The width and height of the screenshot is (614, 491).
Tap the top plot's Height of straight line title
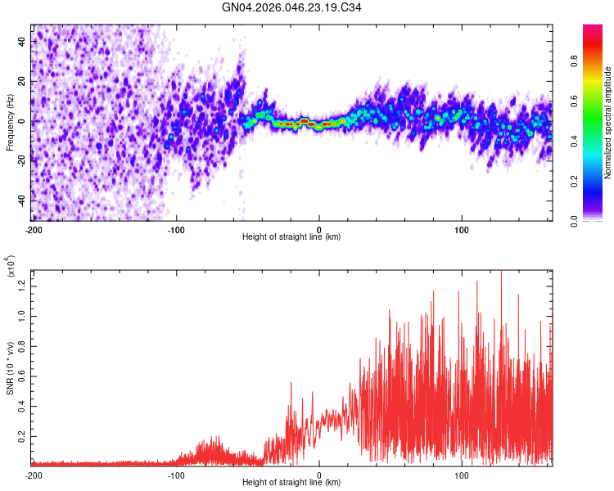(291, 237)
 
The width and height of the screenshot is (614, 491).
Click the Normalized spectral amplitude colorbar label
(607, 123)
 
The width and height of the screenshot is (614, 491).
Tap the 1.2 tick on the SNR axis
(21, 285)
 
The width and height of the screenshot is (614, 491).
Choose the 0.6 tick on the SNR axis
(21, 376)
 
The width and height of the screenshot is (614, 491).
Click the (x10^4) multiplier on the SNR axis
(10, 266)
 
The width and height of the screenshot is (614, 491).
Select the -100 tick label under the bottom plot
(176, 475)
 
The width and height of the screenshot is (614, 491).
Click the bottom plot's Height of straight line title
(291, 483)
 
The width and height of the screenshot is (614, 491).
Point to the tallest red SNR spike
(501, 272)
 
